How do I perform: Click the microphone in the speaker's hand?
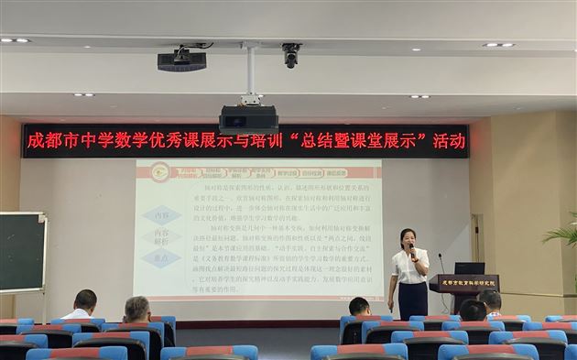click(x=411, y=248)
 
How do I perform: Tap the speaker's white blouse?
click(x=408, y=267)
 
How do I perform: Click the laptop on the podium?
click(x=470, y=268)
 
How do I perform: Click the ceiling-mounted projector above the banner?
click(x=248, y=118)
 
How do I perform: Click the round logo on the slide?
click(x=160, y=171)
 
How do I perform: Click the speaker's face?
click(x=408, y=239)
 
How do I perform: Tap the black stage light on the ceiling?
click(x=180, y=60)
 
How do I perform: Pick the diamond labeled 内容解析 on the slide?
click(x=161, y=237)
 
